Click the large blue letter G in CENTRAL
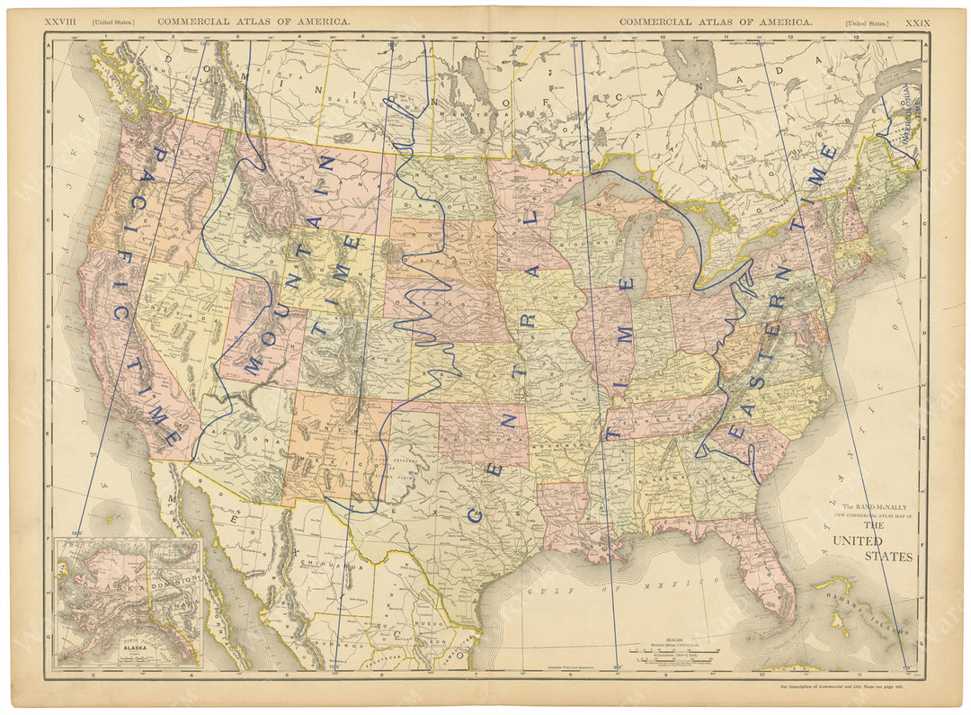[474, 514]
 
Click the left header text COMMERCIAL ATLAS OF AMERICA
[254, 21]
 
